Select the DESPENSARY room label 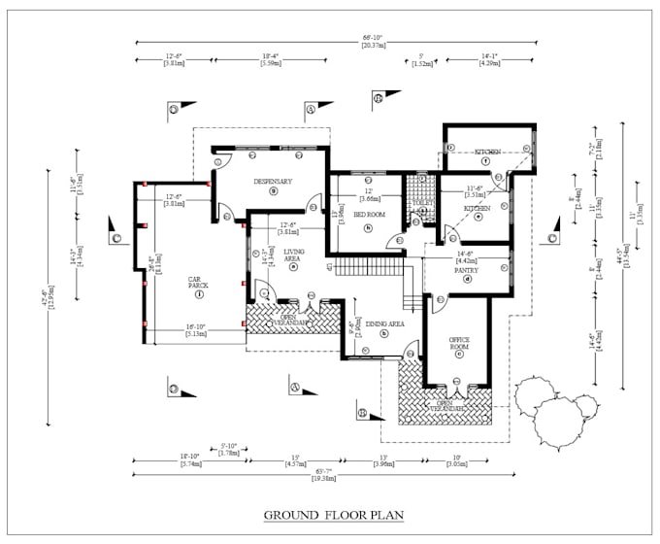coord(273,182)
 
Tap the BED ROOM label coord(369,214)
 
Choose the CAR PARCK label coord(200,281)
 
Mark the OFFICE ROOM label coord(458,342)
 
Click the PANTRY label coord(467,271)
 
